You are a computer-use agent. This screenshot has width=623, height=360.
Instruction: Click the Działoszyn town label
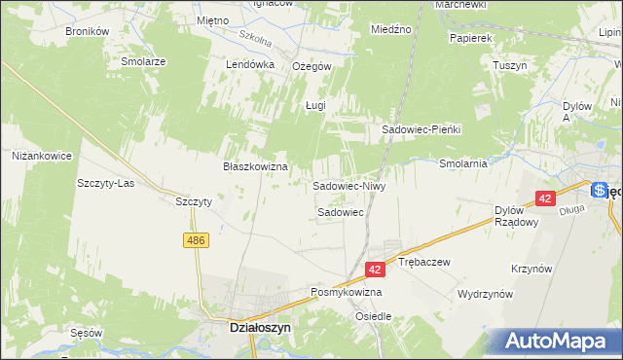[241, 329]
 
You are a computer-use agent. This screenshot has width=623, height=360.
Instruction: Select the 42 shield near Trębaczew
[376, 268]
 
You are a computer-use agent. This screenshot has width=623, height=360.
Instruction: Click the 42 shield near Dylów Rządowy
[545, 198]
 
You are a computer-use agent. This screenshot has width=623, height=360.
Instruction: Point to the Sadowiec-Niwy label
[349, 185]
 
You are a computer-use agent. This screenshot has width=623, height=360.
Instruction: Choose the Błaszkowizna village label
[256, 166]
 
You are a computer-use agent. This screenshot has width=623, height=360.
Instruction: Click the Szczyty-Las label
[105, 184]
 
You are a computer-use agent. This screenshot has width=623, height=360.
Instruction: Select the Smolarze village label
[144, 60]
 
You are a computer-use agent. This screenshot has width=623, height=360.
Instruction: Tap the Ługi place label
[314, 105]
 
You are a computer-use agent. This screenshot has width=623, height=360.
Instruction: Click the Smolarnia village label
[463, 163]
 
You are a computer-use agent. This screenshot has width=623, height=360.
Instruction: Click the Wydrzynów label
[485, 294]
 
